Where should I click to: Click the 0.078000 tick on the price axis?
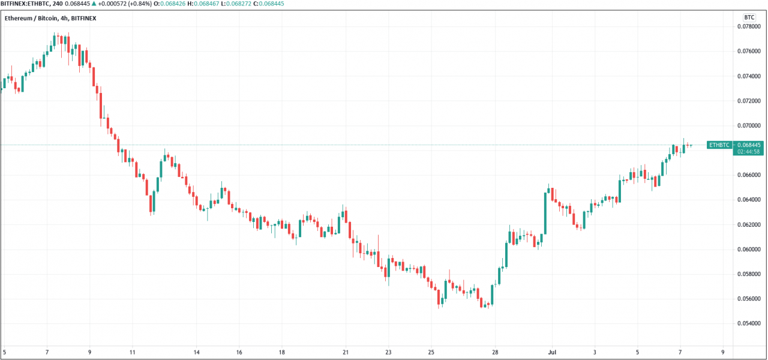coord(749,26)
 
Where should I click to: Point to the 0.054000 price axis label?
coord(749,323)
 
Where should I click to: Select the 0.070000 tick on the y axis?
coord(749,125)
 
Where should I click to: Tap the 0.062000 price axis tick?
coord(749,224)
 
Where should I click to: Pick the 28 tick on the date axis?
coord(495,352)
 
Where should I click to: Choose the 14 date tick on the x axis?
coord(196,352)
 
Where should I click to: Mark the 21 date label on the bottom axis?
coord(345,352)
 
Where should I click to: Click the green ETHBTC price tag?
coord(719,145)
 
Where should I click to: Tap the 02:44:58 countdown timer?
coord(749,152)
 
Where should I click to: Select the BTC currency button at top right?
coord(749,17)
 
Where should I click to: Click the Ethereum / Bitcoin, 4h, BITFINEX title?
coord(50,19)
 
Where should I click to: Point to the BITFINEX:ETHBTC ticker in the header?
coord(25,4)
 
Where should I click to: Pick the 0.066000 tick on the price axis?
coord(749,175)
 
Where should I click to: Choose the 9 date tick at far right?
coord(723,352)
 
